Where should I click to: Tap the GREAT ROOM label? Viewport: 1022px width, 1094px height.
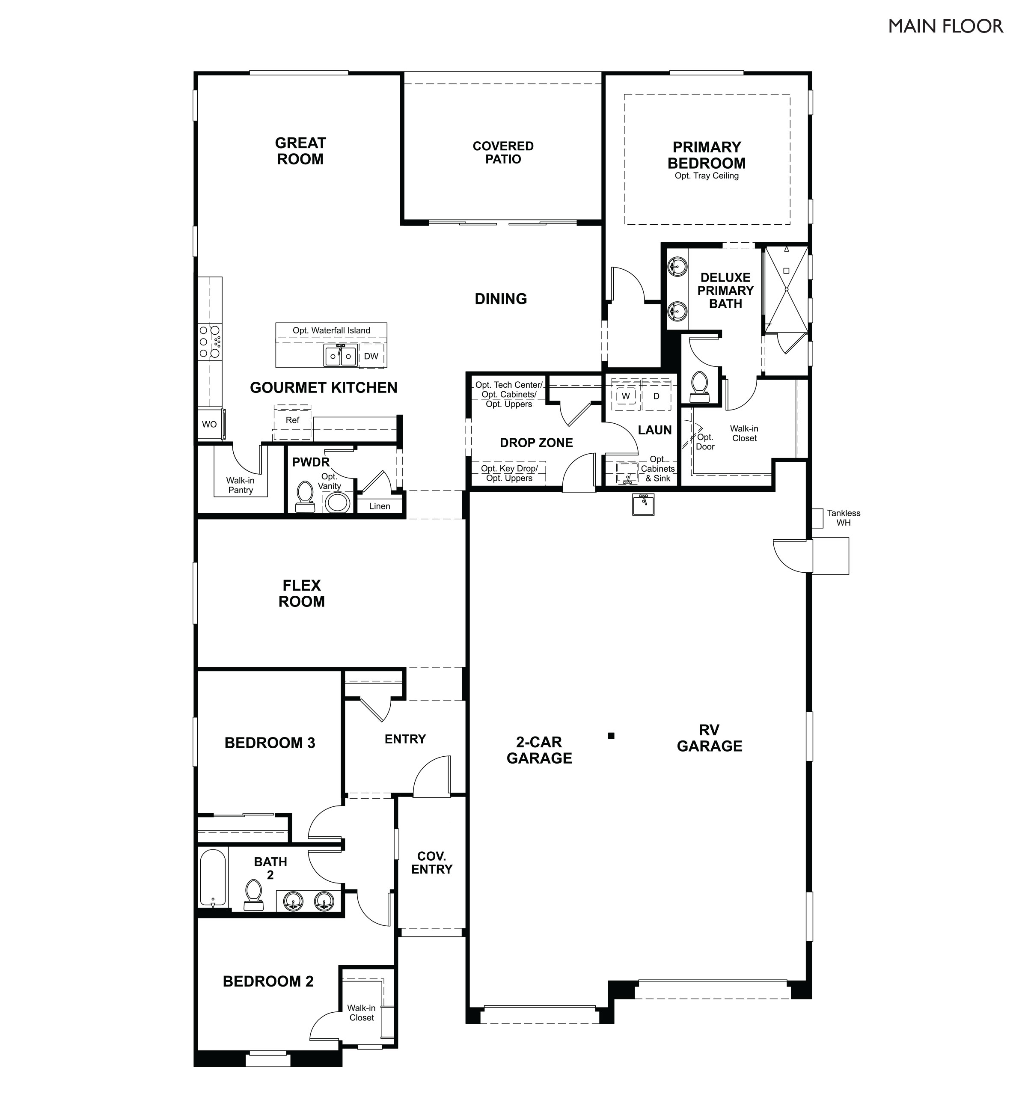pyautogui.click(x=300, y=151)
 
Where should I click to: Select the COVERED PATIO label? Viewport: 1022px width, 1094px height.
pyautogui.click(x=502, y=152)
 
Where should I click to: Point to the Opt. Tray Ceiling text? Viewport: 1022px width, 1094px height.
pyautogui.click(x=706, y=176)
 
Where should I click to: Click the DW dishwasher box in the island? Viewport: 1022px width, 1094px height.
pyautogui.click(x=371, y=356)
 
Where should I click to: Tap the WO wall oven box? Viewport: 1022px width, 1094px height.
pyautogui.click(x=209, y=424)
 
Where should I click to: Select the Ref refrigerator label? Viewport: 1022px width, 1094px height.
pyautogui.click(x=292, y=420)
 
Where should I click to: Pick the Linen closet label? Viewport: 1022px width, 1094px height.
pyautogui.click(x=379, y=506)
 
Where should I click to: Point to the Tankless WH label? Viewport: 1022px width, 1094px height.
pyautogui.click(x=843, y=518)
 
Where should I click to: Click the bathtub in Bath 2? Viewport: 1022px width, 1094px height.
pyautogui.click(x=212, y=878)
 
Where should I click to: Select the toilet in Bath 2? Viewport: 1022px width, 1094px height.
pyautogui.click(x=253, y=895)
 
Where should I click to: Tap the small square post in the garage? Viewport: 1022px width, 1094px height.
pyautogui.click(x=611, y=735)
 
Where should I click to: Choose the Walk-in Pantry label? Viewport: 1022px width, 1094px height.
pyautogui.click(x=241, y=485)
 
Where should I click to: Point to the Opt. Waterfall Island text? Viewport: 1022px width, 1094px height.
pyautogui.click(x=331, y=330)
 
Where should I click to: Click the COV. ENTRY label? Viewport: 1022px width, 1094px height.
pyautogui.click(x=431, y=862)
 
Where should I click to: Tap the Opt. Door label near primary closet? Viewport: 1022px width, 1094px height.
pyautogui.click(x=704, y=442)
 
